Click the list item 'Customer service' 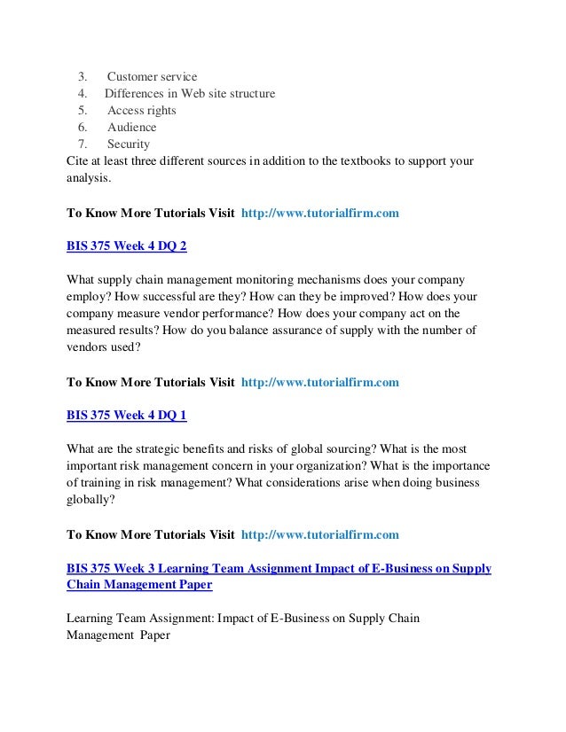(x=152, y=76)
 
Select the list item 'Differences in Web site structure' (x=190, y=93)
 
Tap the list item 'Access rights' (x=141, y=111)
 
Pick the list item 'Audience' (x=131, y=128)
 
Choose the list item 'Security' (x=129, y=144)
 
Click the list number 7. (x=82, y=144)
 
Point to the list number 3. (x=82, y=76)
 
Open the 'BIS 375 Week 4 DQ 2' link (x=127, y=245)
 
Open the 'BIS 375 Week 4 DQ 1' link (x=127, y=415)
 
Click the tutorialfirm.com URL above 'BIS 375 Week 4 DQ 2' (x=319, y=214)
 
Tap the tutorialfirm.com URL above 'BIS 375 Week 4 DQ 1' (x=319, y=383)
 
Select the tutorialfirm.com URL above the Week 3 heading (x=319, y=535)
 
